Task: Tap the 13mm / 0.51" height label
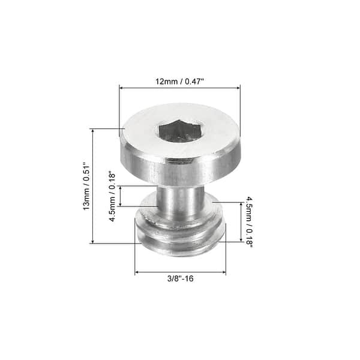[x=86, y=186]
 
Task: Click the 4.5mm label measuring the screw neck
[x=112, y=196]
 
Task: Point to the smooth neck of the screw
[x=179, y=201]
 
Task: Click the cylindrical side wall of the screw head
[x=180, y=168]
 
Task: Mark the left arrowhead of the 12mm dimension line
[x=122, y=88]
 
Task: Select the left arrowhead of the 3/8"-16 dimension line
[x=137, y=272]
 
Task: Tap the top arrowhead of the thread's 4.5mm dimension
[x=241, y=204]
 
